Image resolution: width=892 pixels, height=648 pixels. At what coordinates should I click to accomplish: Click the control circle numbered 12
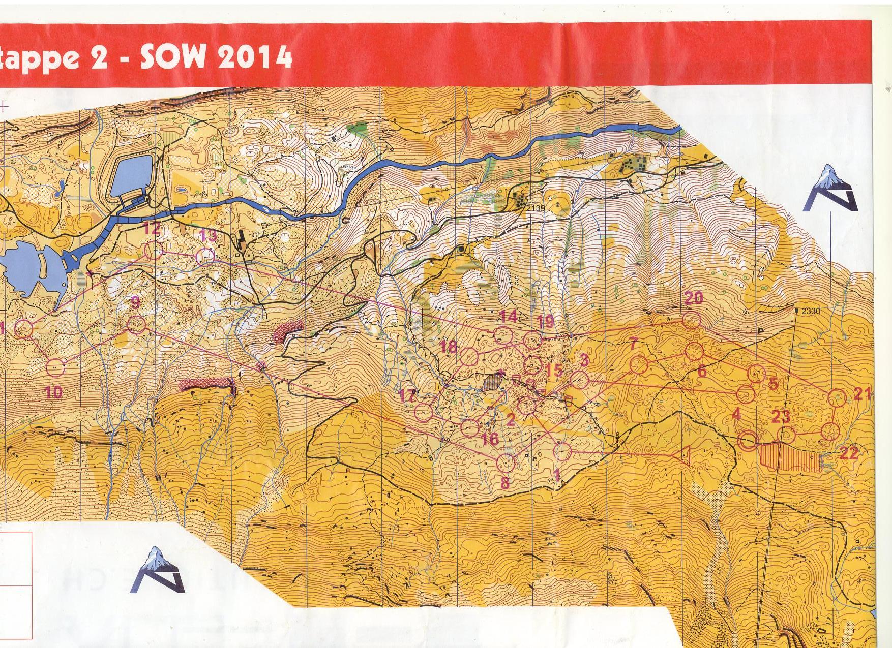pyautogui.click(x=154, y=251)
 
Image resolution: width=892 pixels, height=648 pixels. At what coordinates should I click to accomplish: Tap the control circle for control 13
pyautogui.click(x=205, y=256)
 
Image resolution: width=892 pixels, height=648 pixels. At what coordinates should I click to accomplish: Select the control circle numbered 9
pyautogui.click(x=136, y=324)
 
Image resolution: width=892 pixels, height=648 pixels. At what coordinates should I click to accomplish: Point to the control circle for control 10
pyautogui.click(x=56, y=367)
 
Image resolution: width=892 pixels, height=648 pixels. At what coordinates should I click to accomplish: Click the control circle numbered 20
pyautogui.click(x=691, y=321)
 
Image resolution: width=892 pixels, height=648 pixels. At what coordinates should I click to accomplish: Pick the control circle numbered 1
pyautogui.click(x=563, y=451)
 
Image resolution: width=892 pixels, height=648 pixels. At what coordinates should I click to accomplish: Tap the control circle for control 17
pyautogui.click(x=424, y=411)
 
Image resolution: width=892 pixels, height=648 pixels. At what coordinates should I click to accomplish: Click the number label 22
pyautogui.click(x=849, y=453)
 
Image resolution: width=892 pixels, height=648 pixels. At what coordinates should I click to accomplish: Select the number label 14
pyautogui.click(x=508, y=317)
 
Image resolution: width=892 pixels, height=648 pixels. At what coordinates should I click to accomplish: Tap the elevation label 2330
pyautogui.click(x=811, y=311)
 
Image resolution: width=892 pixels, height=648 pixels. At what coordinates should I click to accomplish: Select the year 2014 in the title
pyautogui.click(x=254, y=57)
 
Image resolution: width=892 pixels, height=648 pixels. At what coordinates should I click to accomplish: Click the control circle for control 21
pyautogui.click(x=837, y=398)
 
